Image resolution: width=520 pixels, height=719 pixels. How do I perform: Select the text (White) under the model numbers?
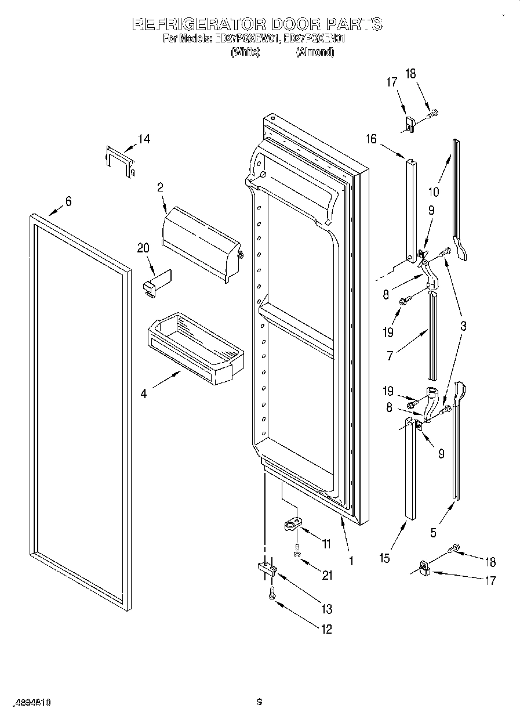pos(245,52)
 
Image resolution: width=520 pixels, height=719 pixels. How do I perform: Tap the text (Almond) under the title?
pos(315,52)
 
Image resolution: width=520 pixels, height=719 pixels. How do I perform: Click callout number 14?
pos(143,139)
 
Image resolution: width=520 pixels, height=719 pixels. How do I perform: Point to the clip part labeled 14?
pos(119,162)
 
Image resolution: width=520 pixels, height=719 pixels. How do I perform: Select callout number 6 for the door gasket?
pos(68,201)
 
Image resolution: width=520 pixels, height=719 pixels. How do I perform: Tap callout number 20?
pos(143,248)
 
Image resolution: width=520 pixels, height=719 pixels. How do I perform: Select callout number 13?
pos(327,609)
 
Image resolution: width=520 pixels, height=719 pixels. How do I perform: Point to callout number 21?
pos(328,576)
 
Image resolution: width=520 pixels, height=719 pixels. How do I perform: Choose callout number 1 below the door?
pos(351,561)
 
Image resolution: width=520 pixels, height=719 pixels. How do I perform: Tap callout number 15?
pos(384,558)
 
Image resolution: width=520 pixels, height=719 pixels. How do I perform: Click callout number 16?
pos(371,139)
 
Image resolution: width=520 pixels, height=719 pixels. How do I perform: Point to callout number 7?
pos(390,356)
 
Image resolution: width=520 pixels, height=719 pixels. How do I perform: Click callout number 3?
pos(463,326)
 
